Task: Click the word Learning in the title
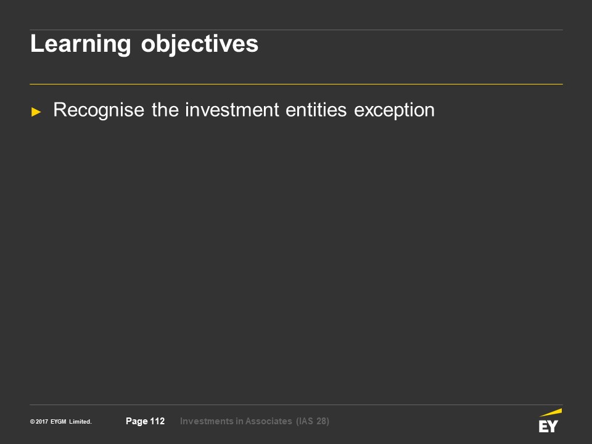[80, 44]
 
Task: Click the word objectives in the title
[200, 44]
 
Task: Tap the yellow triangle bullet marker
[36, 112]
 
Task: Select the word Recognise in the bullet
[99, 110]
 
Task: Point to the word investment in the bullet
[232, 110]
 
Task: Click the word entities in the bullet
[316, 110]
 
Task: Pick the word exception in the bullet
[394, 110]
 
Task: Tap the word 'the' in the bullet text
[165, 110]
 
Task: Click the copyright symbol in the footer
[33, 422]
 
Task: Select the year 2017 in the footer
[42, 422]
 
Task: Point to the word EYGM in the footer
[59, 422]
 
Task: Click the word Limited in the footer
[80, 422]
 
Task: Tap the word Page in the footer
[137, 421]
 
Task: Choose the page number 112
[157, 421]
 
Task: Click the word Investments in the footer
[207, 421]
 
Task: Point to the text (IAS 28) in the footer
[313, 421]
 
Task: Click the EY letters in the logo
[548, 426]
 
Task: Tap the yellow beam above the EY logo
[551, 413]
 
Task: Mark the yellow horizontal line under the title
[296, 84]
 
